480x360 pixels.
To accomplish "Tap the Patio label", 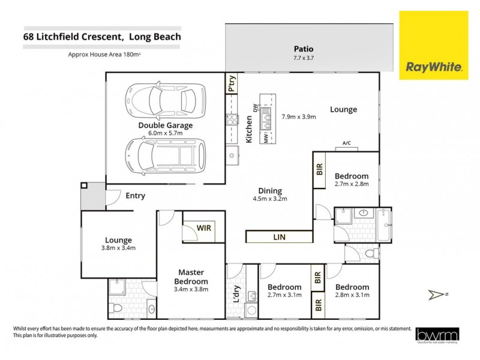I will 303,49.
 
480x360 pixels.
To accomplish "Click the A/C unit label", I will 346,143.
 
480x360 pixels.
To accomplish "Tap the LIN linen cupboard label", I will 279,238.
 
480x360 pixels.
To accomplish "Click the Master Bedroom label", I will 191,277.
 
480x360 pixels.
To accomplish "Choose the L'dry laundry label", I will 236,298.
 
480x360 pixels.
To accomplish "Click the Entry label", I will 135,196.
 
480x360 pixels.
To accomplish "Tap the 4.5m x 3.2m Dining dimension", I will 269,198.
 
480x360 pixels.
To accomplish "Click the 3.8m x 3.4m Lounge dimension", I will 118,247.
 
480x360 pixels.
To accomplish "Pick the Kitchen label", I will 250,128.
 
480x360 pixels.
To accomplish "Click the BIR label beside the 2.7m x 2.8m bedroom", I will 319,169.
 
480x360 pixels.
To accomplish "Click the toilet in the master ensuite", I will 119,308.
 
